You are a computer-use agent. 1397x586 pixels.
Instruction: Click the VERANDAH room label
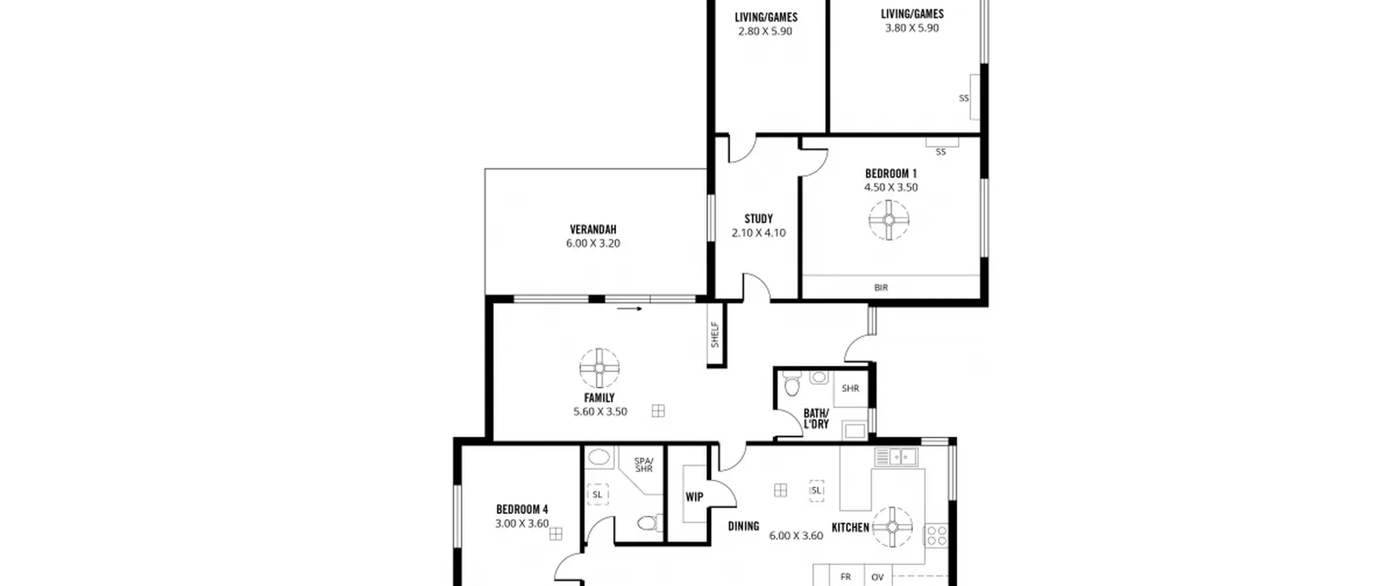tap(593, 229)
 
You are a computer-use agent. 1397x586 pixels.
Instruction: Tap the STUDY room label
tap(759, 219)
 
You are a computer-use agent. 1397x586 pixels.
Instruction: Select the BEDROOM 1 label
tap(891, 173)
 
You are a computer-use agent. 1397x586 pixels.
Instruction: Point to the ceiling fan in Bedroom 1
tap(889, 220)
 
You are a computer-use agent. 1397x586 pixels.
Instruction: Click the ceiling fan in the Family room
tap(599, 368)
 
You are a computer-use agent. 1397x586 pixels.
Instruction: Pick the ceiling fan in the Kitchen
tap(892, 527)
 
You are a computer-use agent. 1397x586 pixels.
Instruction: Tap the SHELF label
tap(715, 335)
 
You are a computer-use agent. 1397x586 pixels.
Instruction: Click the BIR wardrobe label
tap(881, 287)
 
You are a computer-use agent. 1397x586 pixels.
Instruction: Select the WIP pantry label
tap(694, 497)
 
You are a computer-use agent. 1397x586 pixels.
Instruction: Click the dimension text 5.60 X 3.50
tap(600, 412)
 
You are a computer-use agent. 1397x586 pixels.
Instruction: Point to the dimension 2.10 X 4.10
tap(759, 233)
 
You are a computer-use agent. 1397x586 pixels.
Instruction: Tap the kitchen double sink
tap(896, 457)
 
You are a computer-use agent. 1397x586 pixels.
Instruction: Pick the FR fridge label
tap(846, 577)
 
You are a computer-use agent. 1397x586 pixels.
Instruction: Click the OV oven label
tap(877, 577)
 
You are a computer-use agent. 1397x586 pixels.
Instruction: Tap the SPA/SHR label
tap(644, 465)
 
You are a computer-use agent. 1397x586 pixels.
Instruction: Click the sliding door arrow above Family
tap(630, 309)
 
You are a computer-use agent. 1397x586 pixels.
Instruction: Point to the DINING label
tap(743, 526)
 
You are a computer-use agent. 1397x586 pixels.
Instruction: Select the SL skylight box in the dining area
tap(816, 491)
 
